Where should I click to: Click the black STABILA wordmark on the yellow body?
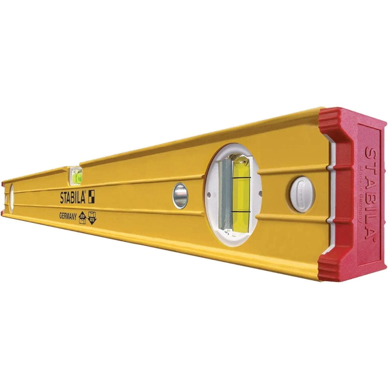click(x=73, y=198)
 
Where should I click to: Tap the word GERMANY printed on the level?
click(x=68, y=217)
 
